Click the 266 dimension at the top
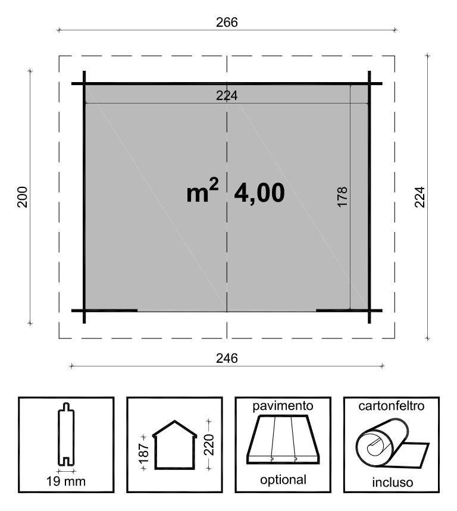(227, 22)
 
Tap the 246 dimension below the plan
(227, 359)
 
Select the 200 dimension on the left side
(22, 197)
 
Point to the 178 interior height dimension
(342, 197)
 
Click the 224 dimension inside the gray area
(227, 96)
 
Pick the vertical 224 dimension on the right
(420, 197)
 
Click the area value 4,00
(259, 193)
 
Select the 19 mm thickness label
(66, 481)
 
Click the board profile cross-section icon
(66, 434)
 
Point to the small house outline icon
(175, 445)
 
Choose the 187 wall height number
(144, 453)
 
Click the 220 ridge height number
(209, 445)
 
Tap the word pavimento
(283, 406)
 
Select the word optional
(283, 480)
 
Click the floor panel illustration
(283, 439)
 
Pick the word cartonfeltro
(392, 406)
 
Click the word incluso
(393, 482)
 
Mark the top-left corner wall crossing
(84, 84)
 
